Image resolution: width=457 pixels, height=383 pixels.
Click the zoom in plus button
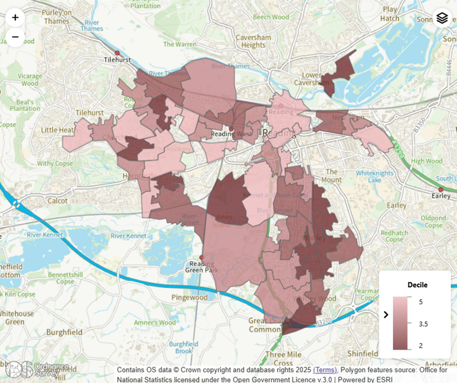coord(15,18)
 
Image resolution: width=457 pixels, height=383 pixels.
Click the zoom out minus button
coord(15,37)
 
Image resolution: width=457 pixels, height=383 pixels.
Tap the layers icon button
coord(442,18)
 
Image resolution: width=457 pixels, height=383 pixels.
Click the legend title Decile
coord(417,285)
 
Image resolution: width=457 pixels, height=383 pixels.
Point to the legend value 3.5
coord(423,323)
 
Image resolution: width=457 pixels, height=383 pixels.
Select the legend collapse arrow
coord(386,315)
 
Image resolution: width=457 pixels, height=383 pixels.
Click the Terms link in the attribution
coord(325,370)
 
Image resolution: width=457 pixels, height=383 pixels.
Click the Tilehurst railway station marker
coord(117,53)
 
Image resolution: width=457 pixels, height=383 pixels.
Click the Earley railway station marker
coord(441,189)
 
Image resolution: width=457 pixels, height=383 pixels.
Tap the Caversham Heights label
coord(254,41)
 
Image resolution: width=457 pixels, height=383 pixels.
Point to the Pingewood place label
coord(190,297)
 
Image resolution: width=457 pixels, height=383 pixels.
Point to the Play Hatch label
coord(390,14)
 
